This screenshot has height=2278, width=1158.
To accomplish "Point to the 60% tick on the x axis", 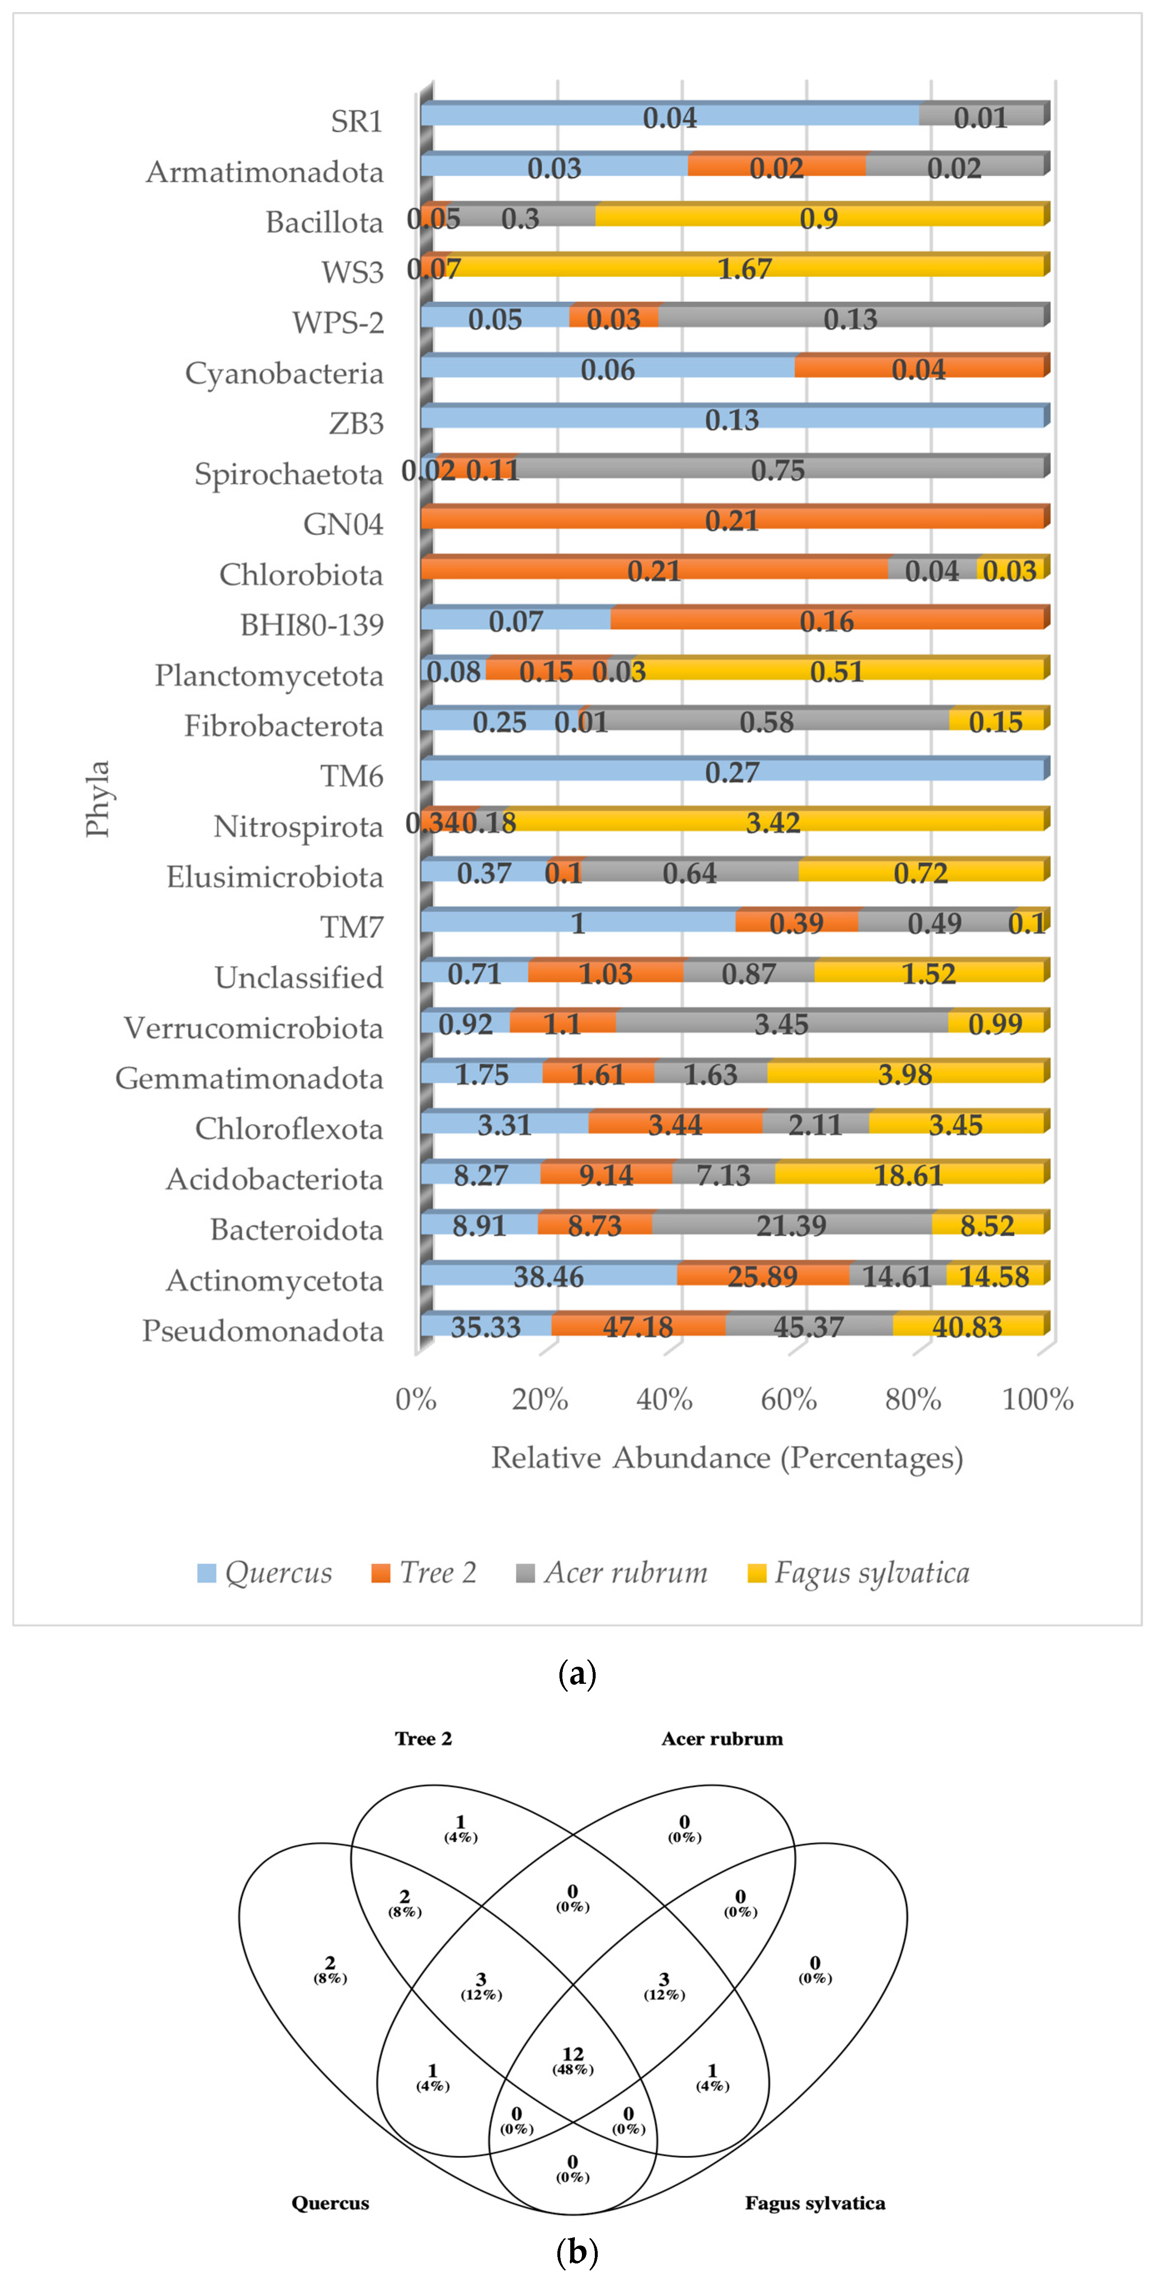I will point(788,1399).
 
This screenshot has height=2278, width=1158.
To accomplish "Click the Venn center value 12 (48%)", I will point(573,2061).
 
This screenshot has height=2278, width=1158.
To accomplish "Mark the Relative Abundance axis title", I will point(727,1457).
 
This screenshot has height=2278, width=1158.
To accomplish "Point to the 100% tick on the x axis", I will point(1038,1399).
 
